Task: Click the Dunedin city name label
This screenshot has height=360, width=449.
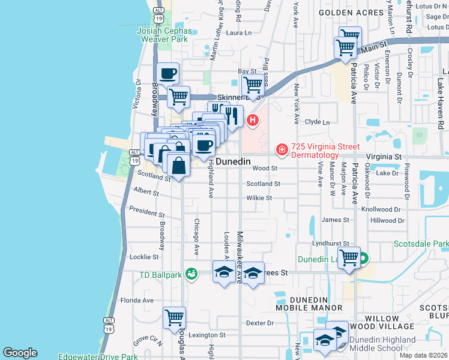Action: (232, 162)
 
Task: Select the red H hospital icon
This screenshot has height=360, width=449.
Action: (253, 120)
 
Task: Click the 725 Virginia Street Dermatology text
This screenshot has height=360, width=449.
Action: (325, 151)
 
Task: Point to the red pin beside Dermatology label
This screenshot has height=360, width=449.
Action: (281, 149)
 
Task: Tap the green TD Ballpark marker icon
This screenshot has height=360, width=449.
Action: (191, 274)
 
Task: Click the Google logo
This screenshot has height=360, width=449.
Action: (20, 353)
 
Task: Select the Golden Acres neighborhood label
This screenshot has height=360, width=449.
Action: (351, 12)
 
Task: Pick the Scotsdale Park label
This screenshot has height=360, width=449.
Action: (421, 244)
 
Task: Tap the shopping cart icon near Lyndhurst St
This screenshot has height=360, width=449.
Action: (349, 259)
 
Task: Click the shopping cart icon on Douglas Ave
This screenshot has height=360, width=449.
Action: (174, 317)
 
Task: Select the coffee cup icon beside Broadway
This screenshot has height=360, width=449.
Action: (167, 74)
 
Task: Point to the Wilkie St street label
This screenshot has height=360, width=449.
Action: (259, 198)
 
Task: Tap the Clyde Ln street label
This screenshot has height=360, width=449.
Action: (318, 122)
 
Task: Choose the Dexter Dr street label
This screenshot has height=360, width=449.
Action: (260, 323)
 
